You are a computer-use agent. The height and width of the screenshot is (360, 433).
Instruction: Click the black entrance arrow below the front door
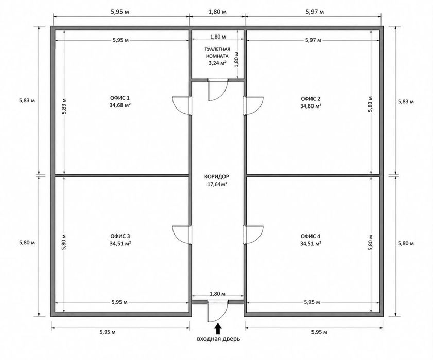click(x=218, y=329)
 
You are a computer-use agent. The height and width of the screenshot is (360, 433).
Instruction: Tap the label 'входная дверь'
click(x=218, y=339)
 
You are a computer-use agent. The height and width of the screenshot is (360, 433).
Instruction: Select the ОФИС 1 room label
click(x=120, y=98)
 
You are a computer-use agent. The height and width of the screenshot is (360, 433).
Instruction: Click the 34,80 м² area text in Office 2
click(x=310, y=106)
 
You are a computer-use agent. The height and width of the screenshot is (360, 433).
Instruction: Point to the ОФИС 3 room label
click(x=120, y=236)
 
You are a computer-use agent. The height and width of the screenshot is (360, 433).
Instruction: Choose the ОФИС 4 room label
click(x=310, y=236)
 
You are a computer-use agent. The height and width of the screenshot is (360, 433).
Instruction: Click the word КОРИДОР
click(x=217, y=177)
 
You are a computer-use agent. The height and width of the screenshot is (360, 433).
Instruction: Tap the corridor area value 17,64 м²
click(x=217, y=184)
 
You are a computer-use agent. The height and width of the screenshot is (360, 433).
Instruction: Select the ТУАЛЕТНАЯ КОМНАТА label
click(x=217, y=52)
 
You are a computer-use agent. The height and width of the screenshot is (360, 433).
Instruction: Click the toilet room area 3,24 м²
click(x=218, y=63)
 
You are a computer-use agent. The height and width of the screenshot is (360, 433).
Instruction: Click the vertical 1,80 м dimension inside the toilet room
click(x=237, y=59)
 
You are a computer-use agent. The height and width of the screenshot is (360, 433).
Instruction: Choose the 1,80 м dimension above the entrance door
click(x=218, y=294)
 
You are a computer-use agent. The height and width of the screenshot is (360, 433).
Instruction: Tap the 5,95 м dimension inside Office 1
click(x=120, y=40)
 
